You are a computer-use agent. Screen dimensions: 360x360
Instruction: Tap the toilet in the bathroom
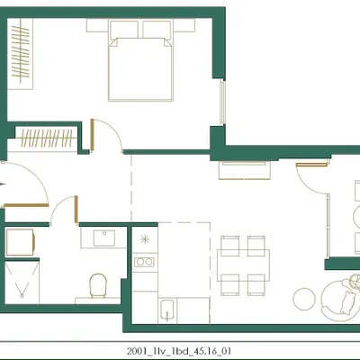click(x=99, y=285)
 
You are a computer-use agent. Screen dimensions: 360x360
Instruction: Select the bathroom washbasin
click(x=103, y=238)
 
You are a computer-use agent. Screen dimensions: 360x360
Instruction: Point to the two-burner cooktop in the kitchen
click(x=144, y=262)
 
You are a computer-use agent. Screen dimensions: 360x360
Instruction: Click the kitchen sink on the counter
click(x=167, y=310)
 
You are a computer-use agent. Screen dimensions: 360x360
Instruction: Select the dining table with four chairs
click(x=243, y=265)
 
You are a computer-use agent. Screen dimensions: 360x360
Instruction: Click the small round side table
click(x=304, y=299)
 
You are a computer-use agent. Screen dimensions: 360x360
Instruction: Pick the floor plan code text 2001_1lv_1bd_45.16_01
click(x=179, y=351)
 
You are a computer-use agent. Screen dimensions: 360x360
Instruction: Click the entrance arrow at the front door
click(x=3, y=184)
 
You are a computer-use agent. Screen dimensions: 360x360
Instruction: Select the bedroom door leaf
click(x=93, y=134)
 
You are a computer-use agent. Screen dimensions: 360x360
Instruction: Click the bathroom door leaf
click(x=76, y=209)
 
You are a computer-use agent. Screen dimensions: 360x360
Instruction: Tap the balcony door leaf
click(x=311, y=165)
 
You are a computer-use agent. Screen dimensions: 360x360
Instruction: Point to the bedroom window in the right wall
click(x=222, y=102)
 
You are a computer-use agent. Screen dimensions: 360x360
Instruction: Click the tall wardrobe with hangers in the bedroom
click(x=20, y=54)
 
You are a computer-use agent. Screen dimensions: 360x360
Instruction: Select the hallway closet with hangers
click(x=46, y=138)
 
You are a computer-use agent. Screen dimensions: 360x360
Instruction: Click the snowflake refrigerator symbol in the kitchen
click(x=145, y=239)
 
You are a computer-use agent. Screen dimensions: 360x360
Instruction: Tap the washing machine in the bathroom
click(x=20, y=242)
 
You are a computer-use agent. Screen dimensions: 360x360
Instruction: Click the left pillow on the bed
click(x=124, y=30)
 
